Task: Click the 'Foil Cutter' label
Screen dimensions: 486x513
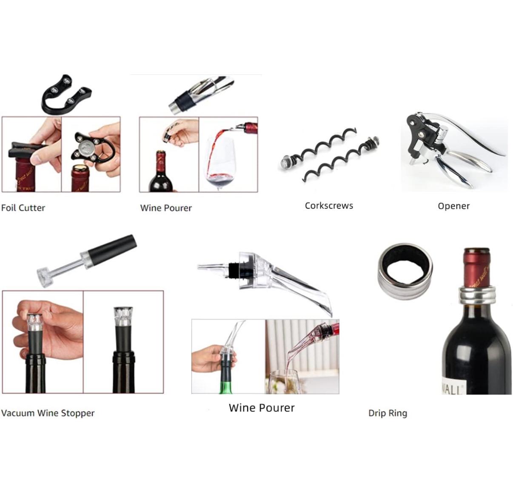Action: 23,208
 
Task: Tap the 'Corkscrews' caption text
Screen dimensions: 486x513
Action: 329,206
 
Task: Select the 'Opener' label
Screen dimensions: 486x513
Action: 453,206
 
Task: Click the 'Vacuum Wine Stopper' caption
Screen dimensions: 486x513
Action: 48,413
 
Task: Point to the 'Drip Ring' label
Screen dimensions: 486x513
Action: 388,413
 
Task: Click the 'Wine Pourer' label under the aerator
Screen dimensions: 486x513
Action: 262,408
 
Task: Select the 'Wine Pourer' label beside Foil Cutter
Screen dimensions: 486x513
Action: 166,208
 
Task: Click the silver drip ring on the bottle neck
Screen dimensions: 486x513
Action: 476,293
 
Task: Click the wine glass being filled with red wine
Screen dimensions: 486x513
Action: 220,162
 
